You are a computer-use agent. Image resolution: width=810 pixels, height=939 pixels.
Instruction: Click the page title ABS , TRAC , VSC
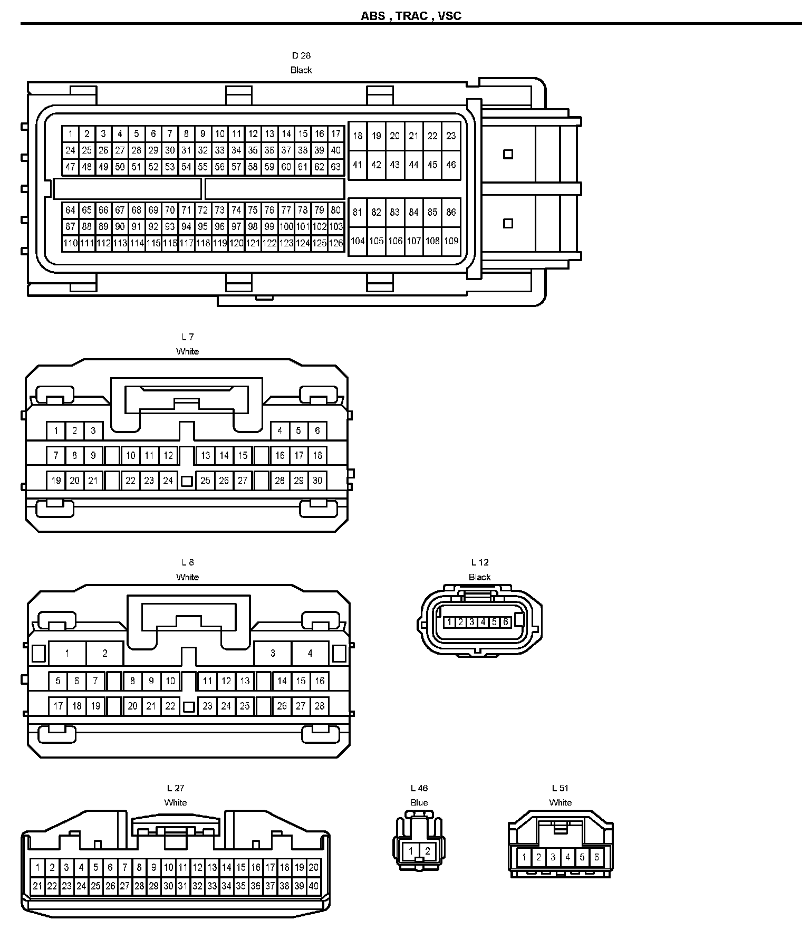(411, 16)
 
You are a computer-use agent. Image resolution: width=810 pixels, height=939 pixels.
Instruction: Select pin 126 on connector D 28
(336, 243)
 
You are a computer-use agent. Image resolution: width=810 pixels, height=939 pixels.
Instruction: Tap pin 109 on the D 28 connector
(451, 241)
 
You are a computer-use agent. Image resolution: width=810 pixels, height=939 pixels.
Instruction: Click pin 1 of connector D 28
(70, 134)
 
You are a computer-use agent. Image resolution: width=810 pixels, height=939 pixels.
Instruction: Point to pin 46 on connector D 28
(451, 165)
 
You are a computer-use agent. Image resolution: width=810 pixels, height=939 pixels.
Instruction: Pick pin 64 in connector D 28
(70, 210)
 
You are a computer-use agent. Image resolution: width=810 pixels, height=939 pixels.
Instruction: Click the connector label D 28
(301, 55)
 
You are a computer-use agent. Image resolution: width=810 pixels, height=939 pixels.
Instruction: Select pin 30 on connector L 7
(317, 481)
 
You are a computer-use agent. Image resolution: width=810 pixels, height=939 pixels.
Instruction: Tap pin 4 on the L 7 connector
(280, 430)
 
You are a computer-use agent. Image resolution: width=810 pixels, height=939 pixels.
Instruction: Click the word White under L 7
(188, 351)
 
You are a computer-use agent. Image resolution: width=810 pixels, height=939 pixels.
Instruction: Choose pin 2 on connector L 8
(104, 654)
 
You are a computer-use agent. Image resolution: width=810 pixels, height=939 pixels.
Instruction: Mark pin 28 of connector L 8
(320, 706)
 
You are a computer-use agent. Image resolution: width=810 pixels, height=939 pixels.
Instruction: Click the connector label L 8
(188, 562)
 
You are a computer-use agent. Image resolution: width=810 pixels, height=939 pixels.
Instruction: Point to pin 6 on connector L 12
(505, 622)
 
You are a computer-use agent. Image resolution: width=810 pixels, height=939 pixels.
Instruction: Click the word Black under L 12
(480, 577)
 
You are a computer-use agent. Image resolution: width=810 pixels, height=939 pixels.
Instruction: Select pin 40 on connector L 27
(314, 886)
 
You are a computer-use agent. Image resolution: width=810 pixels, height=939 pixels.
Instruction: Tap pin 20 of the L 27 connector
(314, 867)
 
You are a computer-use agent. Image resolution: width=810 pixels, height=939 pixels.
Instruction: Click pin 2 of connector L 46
(428, 851)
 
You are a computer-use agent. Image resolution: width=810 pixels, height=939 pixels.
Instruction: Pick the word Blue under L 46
(419, 803)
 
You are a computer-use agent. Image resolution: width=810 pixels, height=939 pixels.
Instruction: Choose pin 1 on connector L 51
(524, 857)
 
